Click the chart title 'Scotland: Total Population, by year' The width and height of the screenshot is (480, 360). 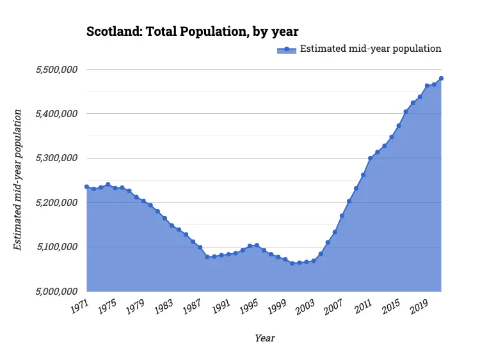pos(193,31)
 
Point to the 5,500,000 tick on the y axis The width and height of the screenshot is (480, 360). pos(54,69)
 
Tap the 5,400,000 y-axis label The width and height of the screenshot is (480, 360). pos(54,114)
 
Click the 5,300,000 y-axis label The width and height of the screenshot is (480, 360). pos(54,158)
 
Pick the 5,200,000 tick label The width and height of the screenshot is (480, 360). pos(54,203)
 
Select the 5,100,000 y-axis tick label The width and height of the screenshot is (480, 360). pos(54,247)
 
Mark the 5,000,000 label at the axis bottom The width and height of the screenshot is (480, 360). pos(54,292)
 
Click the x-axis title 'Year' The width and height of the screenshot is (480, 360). pos(264,338)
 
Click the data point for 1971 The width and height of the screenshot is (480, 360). pos(86,187)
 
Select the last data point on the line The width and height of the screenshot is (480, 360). pos(441,79)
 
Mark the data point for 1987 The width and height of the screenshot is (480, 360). pos(200,247)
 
